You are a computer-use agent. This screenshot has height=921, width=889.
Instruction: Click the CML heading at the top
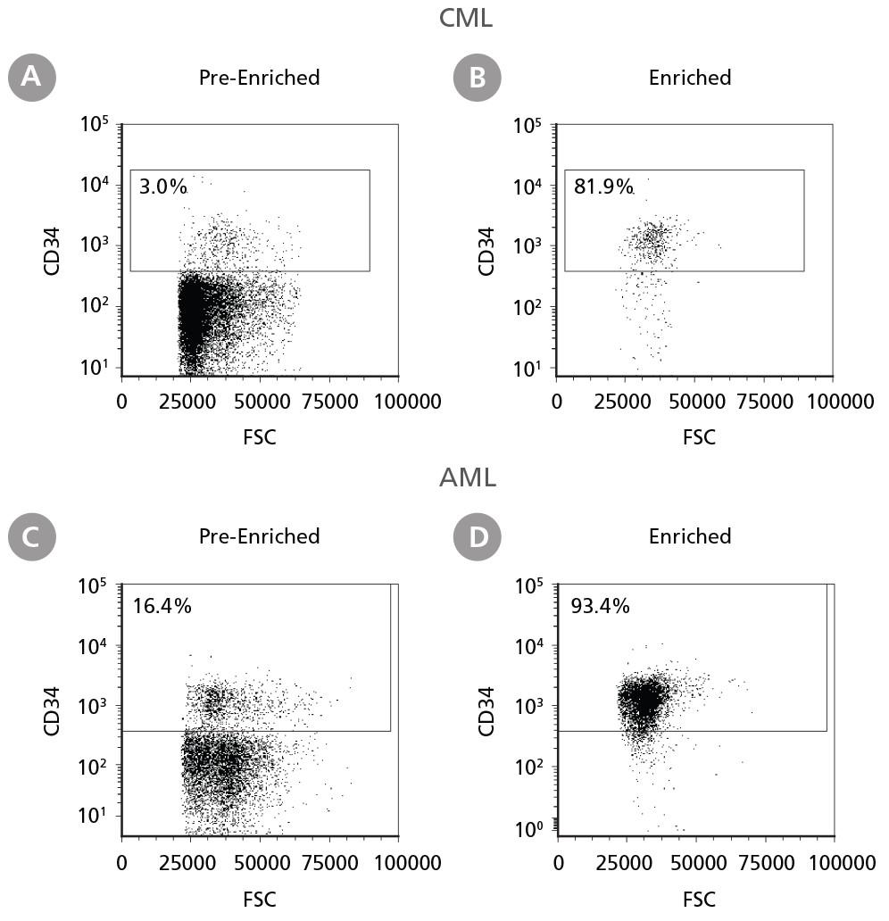tap(466, 17)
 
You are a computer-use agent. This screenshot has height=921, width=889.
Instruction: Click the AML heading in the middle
tap(467, 477)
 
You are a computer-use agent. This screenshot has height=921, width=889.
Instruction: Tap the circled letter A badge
tap(31, 78)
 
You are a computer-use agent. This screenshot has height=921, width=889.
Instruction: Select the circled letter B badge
tap(478, 78)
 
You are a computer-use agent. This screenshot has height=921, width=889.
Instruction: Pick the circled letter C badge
tap(31, 536)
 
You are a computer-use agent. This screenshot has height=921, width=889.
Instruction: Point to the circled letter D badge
tap(478, 536)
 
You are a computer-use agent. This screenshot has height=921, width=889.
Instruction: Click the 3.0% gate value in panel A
tap(163, 187)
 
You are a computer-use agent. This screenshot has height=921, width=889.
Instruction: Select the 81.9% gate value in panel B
tap(603, 187)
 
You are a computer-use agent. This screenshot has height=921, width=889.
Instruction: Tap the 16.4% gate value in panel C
tap(162, 607)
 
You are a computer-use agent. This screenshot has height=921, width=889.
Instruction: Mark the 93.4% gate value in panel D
tap(601, 607)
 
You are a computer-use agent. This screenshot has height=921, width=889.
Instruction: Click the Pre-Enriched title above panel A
tap(259, 78)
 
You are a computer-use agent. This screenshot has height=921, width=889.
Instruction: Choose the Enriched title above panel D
tap(690, 536)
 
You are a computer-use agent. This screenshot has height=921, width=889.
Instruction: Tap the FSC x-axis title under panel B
tap(699, 436)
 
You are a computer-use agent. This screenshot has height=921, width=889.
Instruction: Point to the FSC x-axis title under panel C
tap(260, 897)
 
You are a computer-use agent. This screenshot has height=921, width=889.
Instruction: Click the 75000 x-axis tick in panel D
tap(768, 864)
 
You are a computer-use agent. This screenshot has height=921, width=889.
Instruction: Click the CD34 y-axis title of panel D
tap(490, 710)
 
